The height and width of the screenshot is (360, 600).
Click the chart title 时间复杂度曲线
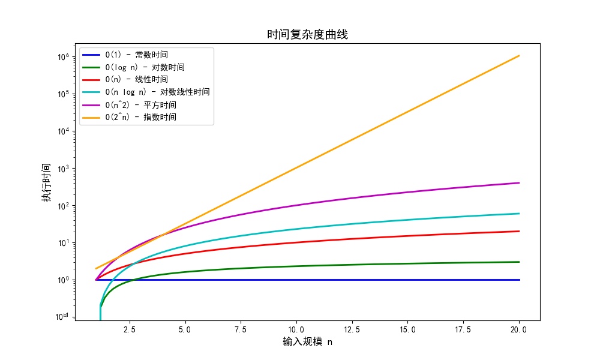point(307,35)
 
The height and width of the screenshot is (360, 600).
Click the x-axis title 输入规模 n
point(307,342)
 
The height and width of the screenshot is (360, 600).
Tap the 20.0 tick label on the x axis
point(519,329)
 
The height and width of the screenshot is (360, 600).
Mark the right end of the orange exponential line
point(519,56)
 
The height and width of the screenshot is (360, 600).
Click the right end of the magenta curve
point(519,183)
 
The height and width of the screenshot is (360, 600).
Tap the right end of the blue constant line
point(519,280)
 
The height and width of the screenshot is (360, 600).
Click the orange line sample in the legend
point(91,117)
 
